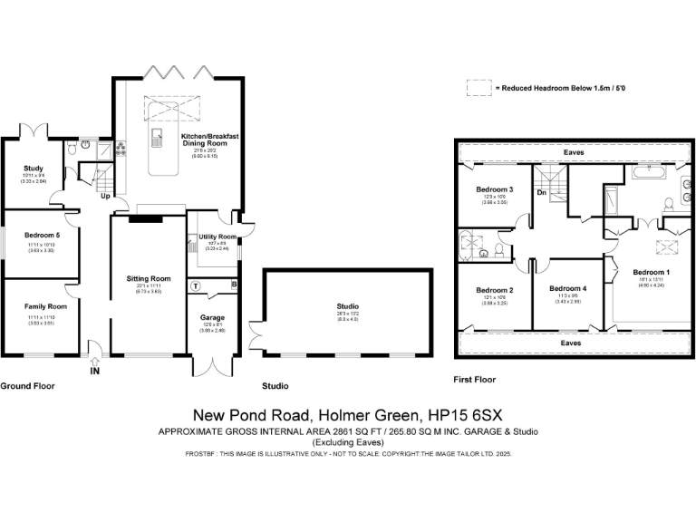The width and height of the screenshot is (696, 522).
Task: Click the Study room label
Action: [x=34, y=168]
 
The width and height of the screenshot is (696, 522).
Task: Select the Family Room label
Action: [x=45, y=306]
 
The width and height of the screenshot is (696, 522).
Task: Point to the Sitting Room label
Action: [x=148, y=278]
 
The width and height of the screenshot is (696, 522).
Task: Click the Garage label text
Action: [x=212, y=318]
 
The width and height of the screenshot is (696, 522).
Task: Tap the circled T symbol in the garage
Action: [x=195, y=285]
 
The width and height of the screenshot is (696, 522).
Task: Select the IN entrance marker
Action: [x=94, y=371]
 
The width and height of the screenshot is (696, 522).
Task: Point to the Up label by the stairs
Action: [x=104, y=196]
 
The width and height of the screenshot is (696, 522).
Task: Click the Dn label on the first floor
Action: [x=541, y=192]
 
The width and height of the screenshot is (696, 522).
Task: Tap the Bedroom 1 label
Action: [x=651, y=272]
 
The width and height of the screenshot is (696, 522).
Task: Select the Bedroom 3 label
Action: [x=495, y=189]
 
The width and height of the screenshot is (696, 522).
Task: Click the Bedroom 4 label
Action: [x=567, y=288]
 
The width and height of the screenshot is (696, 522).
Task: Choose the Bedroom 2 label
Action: [x=495, y=290]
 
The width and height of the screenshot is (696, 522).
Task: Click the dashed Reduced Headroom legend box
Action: [x=478, y=88]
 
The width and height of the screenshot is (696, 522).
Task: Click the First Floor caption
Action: [x=475, y=380]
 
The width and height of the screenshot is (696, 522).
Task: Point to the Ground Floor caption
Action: [x=27, y=386]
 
